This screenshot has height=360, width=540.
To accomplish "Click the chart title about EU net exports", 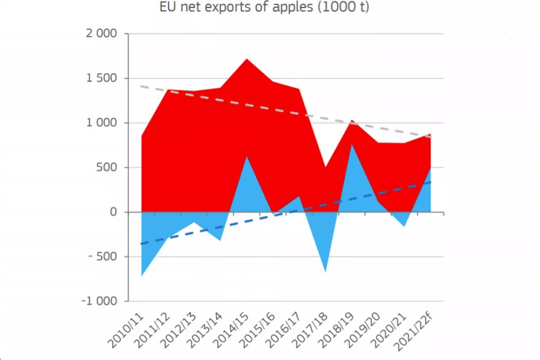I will click(264, 7).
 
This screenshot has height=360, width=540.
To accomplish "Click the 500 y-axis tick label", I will click(108, 168).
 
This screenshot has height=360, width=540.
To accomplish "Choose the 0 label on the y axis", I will click(113, 212).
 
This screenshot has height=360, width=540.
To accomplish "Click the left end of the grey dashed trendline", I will click(142, 87).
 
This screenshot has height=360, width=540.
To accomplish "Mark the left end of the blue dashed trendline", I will click(142, 244).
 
